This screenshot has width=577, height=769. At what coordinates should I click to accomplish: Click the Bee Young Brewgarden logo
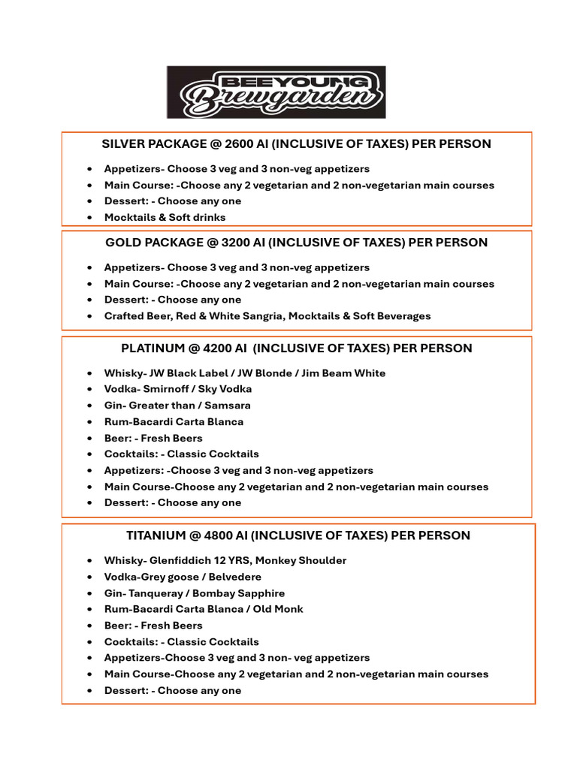pos(276,92)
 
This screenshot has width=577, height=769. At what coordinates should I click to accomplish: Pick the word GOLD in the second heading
pos(122,243)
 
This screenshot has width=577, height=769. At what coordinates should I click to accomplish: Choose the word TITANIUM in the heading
pos(156,535)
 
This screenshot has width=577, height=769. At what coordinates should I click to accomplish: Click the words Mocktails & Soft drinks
pos(165,217)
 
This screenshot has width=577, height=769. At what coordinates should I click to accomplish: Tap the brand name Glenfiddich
pos(182,560)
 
